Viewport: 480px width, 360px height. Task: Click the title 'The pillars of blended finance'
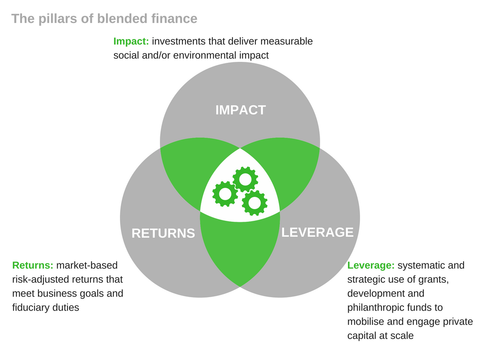[x=105, y=19]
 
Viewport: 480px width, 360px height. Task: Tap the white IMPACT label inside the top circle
[x=240, y=110]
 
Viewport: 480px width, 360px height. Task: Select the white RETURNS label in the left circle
[x=163, y=233]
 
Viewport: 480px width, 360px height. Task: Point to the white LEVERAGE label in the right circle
[x=317, y=232]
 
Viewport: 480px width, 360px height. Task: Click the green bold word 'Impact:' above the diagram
[x=131, y=41]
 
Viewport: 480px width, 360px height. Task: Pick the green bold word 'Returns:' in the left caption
[x=33, y=265]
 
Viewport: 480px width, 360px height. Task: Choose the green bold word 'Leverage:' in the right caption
[x=371, y=265]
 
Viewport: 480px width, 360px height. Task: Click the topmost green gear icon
[x=245, y=180]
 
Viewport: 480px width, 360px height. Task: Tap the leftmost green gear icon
[x=225, y=194]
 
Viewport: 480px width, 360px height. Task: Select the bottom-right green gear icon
[x=255, y=202]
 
